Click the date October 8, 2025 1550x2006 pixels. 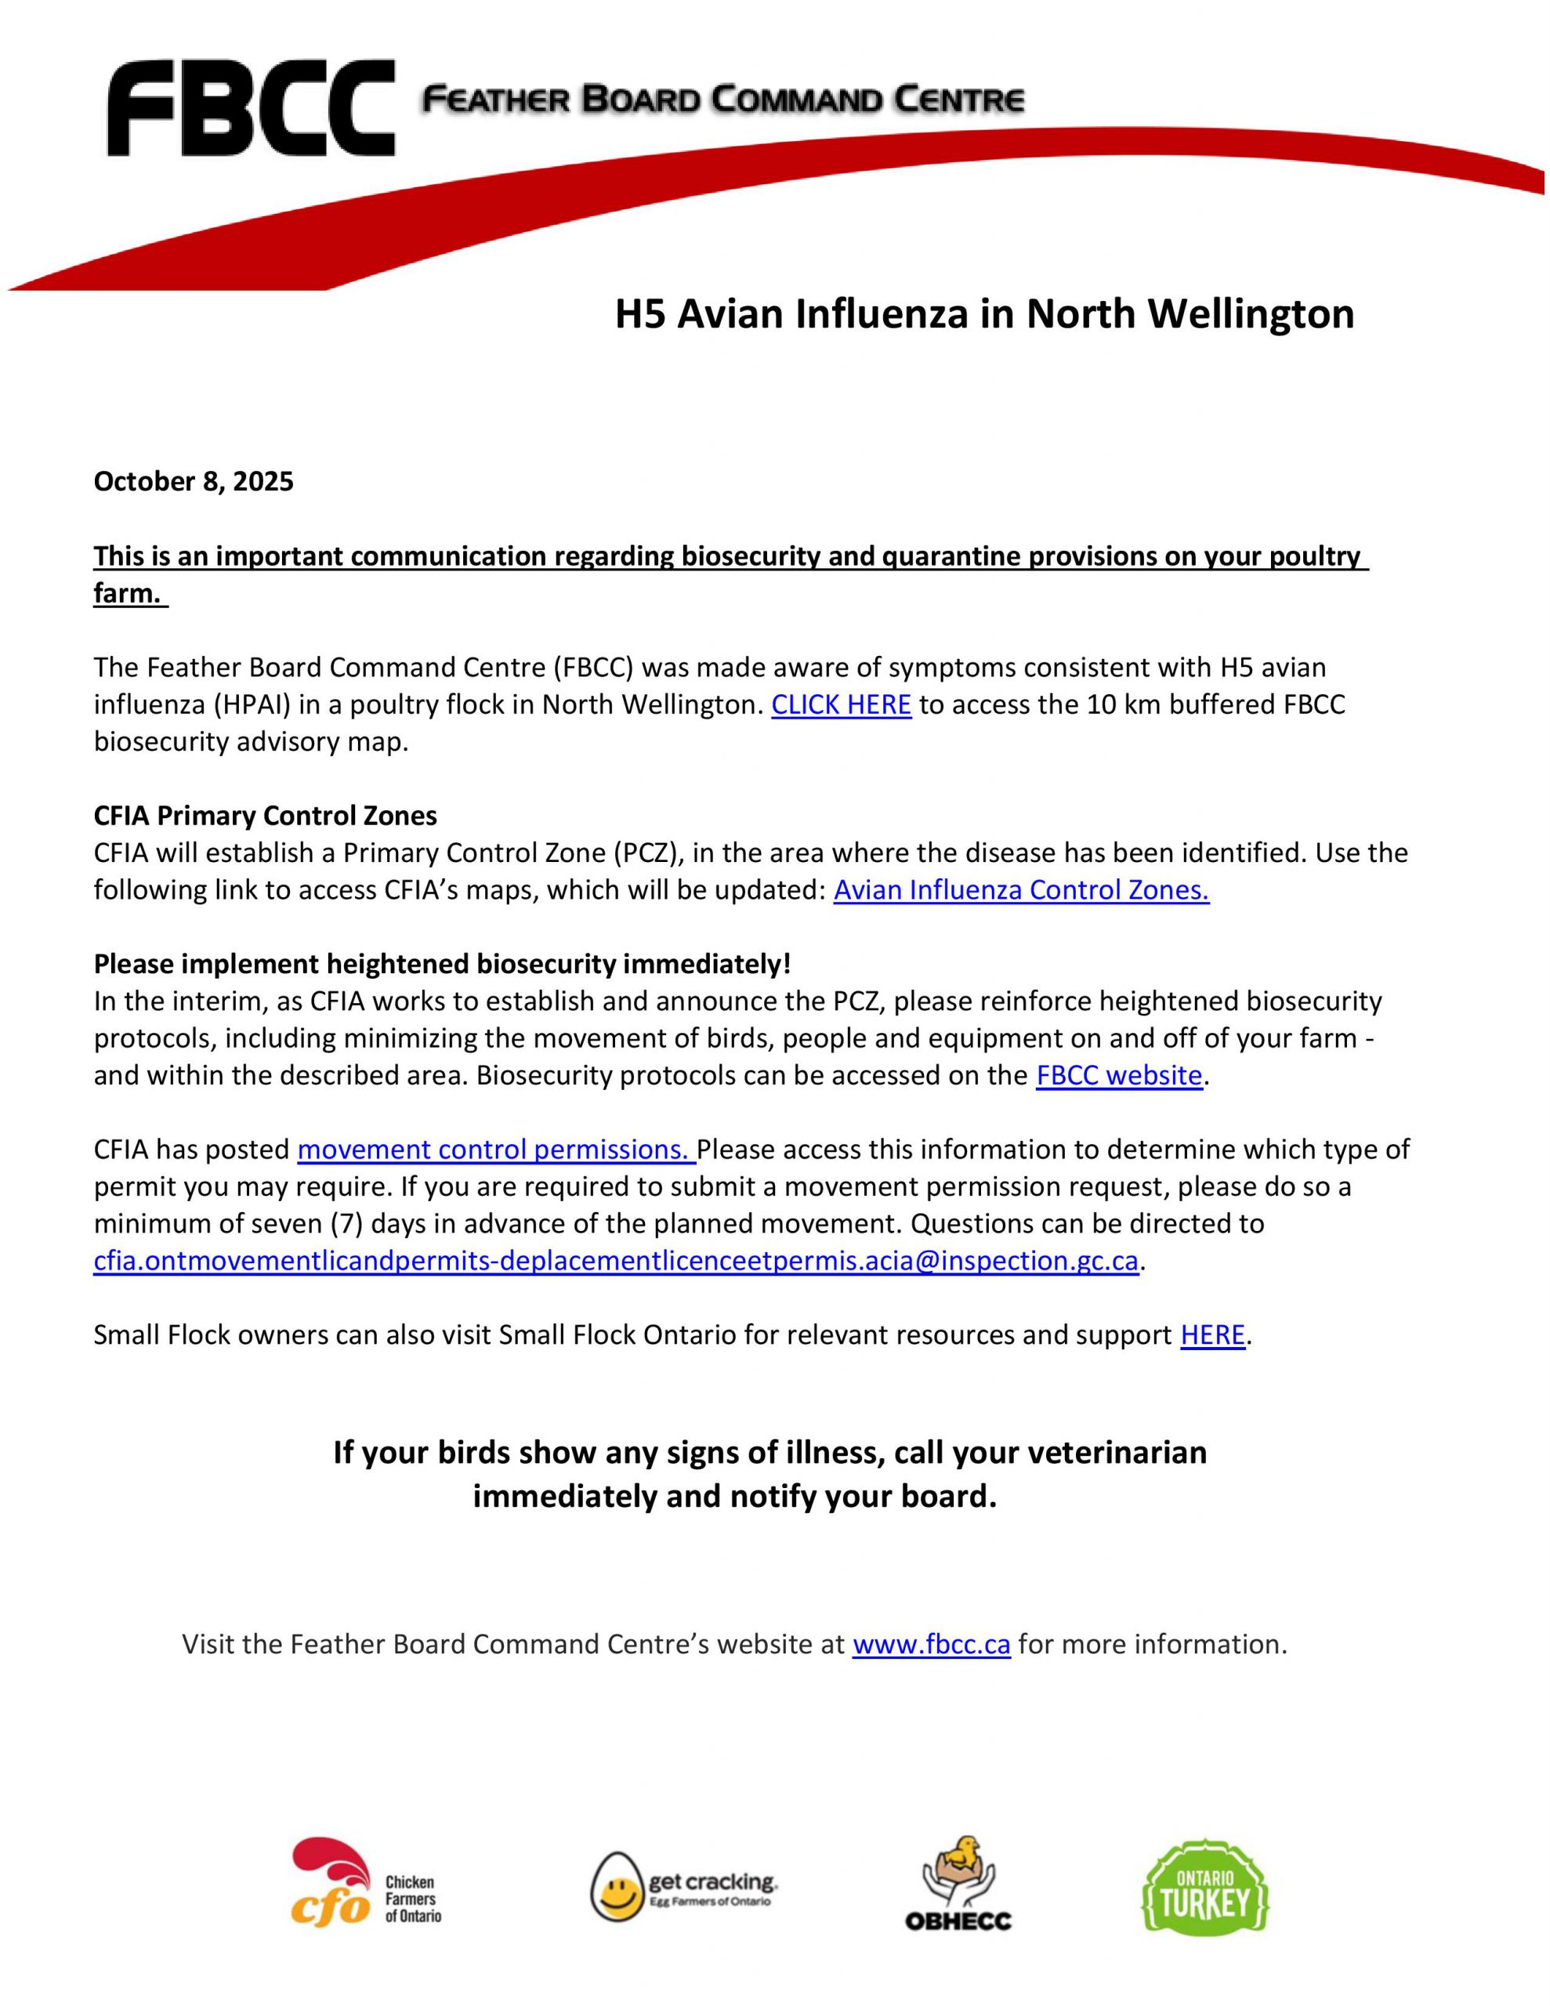(193, 481)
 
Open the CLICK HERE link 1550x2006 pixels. (841, 704)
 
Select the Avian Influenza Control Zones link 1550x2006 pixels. (1021, 890)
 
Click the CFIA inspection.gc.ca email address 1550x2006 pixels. (616, 1260)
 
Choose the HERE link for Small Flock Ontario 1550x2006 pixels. (1212, 1334)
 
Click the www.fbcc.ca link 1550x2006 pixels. (931, 1643)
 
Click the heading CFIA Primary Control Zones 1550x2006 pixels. (265, 816)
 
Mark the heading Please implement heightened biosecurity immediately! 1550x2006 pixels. (442, 964)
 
